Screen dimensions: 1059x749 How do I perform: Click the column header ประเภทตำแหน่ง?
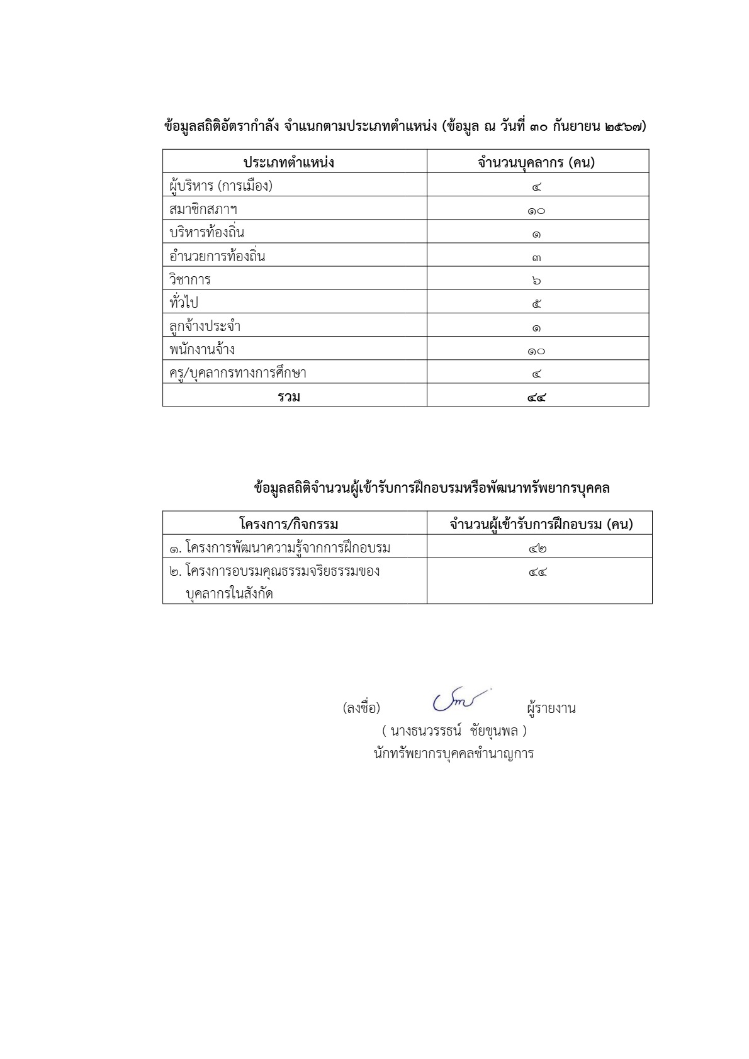pyautogui.click(x=289, y=163)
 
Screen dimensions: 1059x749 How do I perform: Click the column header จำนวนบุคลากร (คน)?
pyautogui.click(x=536, y=163)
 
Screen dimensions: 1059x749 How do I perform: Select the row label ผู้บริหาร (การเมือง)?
pyautogui.click(x=221, y=186)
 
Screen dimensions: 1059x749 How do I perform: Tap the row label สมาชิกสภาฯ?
pyautogui.click(x=203, y=209)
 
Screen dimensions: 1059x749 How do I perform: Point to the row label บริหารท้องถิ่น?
pyautogui.click(x=207, y=233)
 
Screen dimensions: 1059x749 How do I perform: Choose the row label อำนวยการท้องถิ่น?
pyautogui.click(x=217, y=256)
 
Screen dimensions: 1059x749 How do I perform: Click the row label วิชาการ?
pyautogui.click(x=190, y=279)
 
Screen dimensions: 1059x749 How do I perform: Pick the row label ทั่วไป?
pyautogui.click(x=184, y=303)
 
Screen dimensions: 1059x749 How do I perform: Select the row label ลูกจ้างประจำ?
pyautogui.click(x=205, y=326)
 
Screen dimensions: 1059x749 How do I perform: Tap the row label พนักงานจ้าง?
pyautogui.click(x=202, y=349)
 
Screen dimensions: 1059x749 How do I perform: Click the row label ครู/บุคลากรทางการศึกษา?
pyautogui.click(x=238, y=373)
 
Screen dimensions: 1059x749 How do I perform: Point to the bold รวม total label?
pyautogui.click(x=290, y=396)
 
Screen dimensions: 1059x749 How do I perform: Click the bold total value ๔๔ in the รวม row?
pyautogui.click(x=537, y=396)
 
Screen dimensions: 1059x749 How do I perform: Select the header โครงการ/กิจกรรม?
pyautogui.click(x=289, y=524)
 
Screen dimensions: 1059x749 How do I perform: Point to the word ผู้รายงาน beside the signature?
pyautogui.click(x=551, y=709)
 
